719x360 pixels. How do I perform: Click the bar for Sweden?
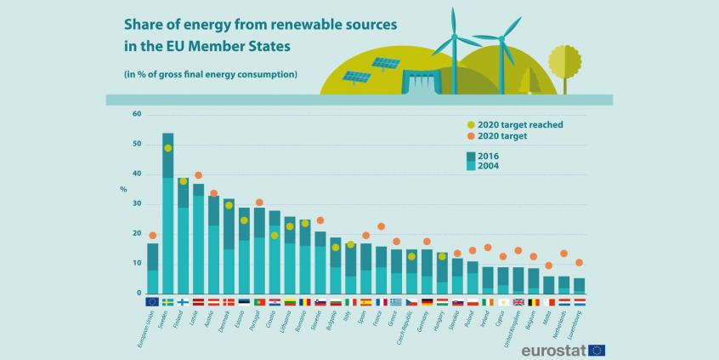168,213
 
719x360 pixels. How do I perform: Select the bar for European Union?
153,268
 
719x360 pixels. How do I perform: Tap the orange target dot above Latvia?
198,175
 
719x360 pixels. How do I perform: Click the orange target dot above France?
382,226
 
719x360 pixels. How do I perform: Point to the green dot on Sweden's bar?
168,148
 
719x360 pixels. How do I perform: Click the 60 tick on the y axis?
137,114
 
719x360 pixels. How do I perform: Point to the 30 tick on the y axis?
137,204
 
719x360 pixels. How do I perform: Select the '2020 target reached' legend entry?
505,124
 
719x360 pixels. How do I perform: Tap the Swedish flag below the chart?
168,301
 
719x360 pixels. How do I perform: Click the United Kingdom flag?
518,301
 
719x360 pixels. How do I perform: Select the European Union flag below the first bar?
153,301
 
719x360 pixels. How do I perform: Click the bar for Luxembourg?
580,286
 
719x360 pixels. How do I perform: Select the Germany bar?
427,271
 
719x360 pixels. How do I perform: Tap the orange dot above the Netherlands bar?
564,254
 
